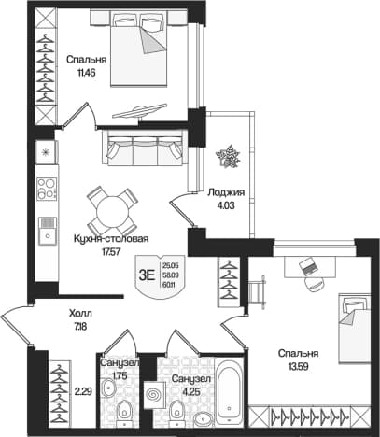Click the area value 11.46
click(86, 73)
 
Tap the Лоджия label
click(226, 192)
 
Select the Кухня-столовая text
click(111, 239)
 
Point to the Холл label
click(80, 314)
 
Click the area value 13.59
click(298, 367)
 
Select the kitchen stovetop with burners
click(47, 189)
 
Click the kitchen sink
click(48, 231)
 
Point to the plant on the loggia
click(229, 157)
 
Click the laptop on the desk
click(308, 266)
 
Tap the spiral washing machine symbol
click(154, 395)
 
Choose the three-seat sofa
click(146, 148)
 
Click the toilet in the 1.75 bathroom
click(125, 410)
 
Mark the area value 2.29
click(83, 392)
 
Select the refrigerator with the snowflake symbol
click(47, 152)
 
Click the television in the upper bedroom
click(139, 111)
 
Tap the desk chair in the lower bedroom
click(315, 284)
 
